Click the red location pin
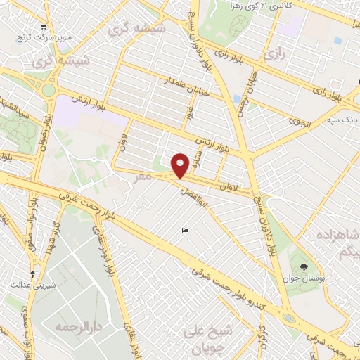180,165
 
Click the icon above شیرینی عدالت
32,274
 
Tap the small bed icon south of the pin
185,231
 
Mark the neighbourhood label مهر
143,178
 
